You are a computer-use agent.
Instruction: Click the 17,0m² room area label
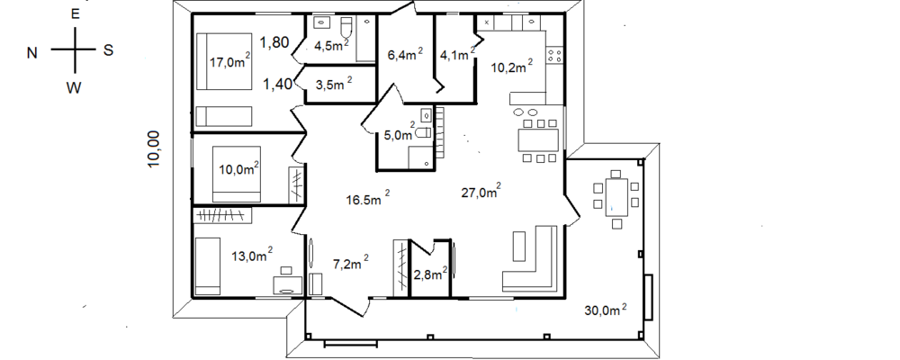pyautogui.click(x=229, y=61)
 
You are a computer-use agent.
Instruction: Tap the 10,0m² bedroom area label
pyautogui.click(x=239, y=168)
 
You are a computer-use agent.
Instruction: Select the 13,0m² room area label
pyautogui.click(x=251, y=256)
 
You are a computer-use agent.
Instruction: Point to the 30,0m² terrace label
pyautogui.click(x=606, y=310)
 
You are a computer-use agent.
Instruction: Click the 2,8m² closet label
pyautogui.click(x=430, y=274)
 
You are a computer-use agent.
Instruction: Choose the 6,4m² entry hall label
pyautogui.click(x=405, y=55)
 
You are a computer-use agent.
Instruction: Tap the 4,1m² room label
pyautogui.click(x=457, y=55)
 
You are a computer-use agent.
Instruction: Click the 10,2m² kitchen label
pyautogui.click(x=511, y=67)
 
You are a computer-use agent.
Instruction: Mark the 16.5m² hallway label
pyautogui.click(x=368, y=199)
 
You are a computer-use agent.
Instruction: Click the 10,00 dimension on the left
pyautogui.click(x=153, y=148)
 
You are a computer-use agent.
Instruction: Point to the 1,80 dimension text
pyautogui.click(x=274, y=42)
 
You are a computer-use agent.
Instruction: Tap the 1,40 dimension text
pyautogui.click(x=278, y=85)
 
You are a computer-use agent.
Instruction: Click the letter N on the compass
pyautogui.click(x=32, y=53)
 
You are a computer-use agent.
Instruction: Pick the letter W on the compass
pyautogui.click(x=74, y=88)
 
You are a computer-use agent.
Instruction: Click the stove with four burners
pyautogui.click(x=554, y=56)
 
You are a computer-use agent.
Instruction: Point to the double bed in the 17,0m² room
pyautogui.click(x=224, y=61)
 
